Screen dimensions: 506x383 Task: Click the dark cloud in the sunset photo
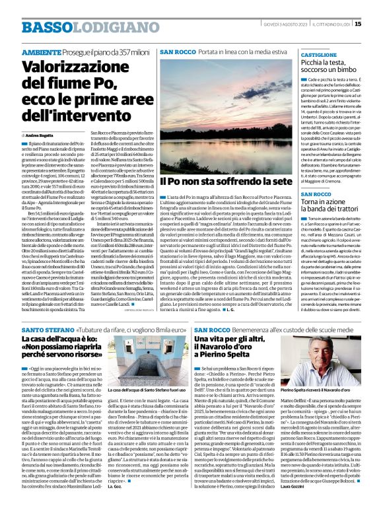pyautogui.click(x=198, y=79)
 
